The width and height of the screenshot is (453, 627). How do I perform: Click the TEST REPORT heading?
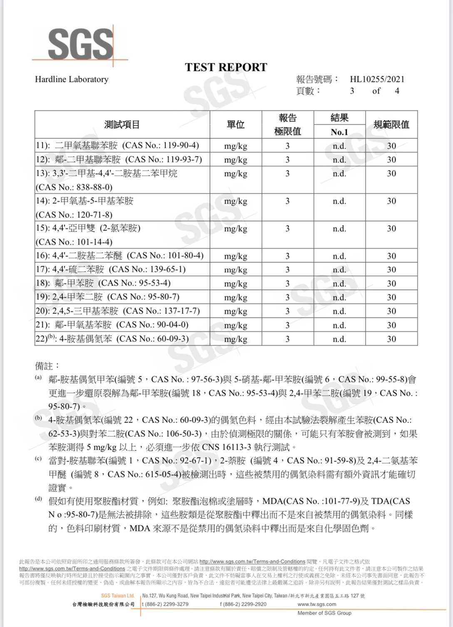click(226, 67)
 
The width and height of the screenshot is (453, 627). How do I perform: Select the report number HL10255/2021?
click(377, 79)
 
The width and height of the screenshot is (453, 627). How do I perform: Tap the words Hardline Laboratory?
click(72, 79)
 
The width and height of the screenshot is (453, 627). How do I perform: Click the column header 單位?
click(236, 124)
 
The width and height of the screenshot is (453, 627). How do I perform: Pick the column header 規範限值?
click(391, 124)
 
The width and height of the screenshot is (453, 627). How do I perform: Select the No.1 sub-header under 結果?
click(339, 132)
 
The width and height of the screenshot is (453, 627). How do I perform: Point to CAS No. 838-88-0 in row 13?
click(74, 187)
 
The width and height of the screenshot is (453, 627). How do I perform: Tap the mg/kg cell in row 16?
click(236, 256)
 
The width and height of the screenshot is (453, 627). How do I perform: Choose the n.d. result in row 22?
click(339, 339)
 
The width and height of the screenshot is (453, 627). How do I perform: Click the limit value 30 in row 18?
click(391, 284)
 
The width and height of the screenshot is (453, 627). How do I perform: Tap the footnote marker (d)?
click(38, 499)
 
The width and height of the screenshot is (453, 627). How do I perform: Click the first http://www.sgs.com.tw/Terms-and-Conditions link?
click(252, 561)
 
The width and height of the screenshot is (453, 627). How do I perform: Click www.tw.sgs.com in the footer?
click(317, 604)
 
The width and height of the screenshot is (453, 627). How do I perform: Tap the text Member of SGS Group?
click(324, 613)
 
